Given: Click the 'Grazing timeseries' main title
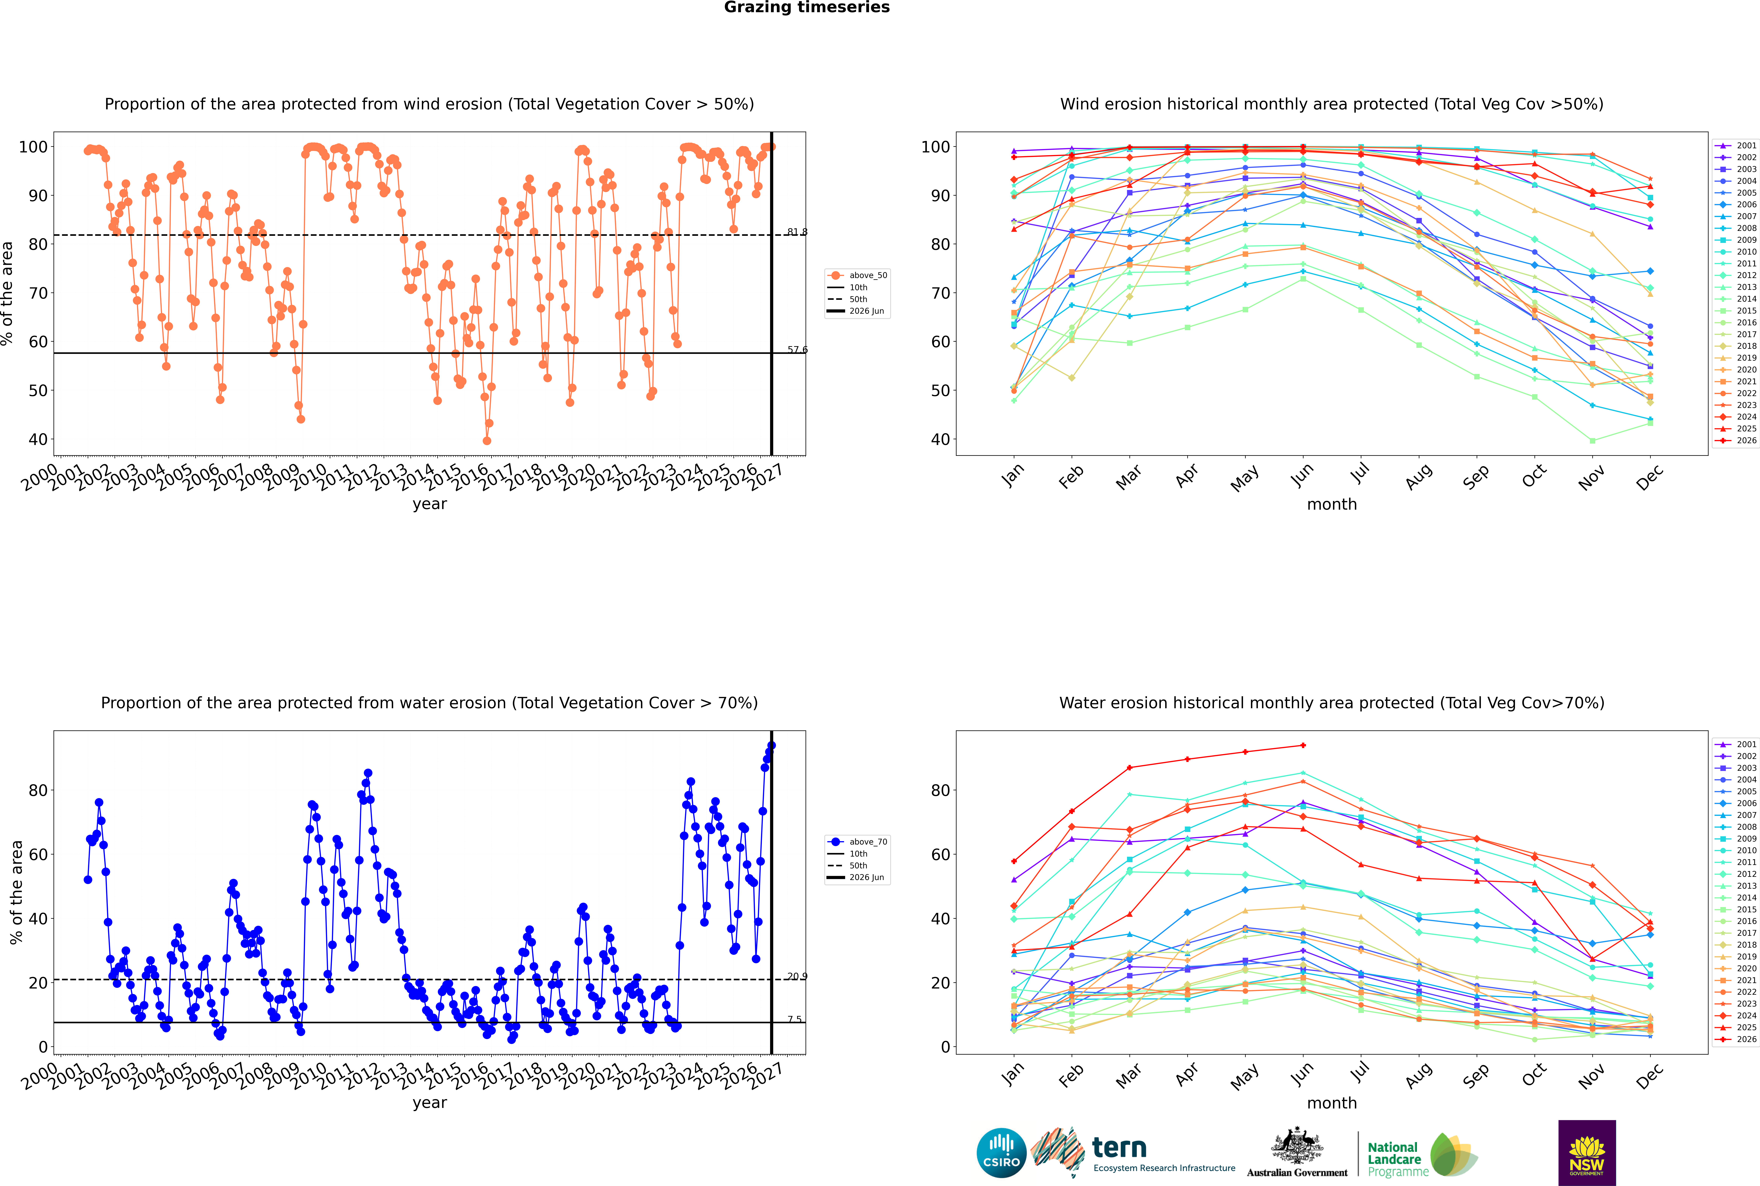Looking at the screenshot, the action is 807,8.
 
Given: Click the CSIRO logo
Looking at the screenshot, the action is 1001,1153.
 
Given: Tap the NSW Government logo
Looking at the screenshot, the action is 1587,1153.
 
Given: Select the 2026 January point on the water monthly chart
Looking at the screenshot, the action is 1014,861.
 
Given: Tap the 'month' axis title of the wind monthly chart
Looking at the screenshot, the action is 1332,505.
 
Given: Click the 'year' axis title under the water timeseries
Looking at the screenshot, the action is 430,1103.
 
